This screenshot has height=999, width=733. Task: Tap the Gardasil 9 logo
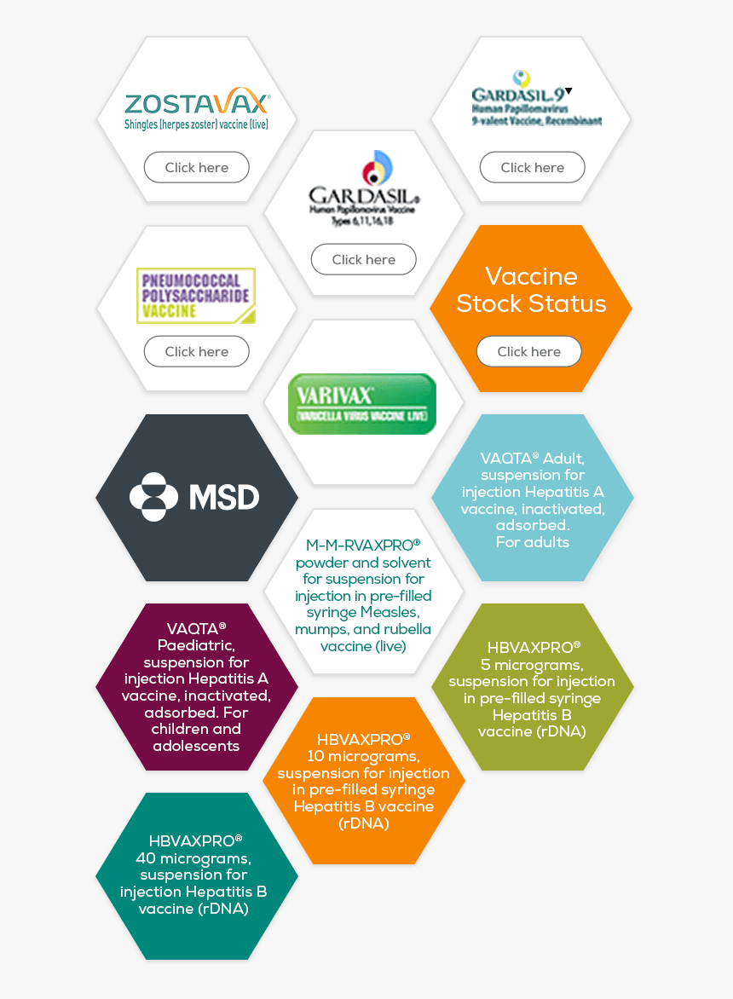pos(534,97)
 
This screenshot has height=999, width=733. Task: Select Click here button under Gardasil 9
pos(532,167)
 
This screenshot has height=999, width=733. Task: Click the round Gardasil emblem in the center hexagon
pos(376,168)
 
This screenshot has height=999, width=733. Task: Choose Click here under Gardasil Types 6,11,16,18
pos(363,259)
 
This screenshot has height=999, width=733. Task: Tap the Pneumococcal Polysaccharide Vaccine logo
pos(196,295)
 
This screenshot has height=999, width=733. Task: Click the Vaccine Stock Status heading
pos(531,290)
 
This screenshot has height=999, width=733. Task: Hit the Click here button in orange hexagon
pos(528,351)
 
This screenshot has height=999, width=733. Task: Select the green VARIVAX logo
pos(362,403)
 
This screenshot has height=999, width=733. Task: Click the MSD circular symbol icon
pos(153,497)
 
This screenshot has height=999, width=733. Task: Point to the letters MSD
pos(224,498)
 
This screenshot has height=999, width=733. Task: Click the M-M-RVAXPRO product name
pos(363,545)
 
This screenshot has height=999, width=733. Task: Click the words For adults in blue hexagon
pos(532,542)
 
